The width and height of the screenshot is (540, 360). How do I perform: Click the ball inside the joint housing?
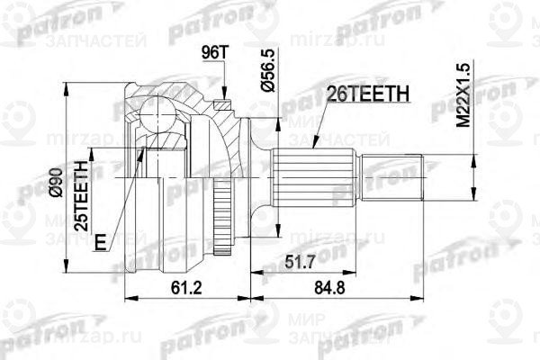pyautogui.click(x=156, y=115)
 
